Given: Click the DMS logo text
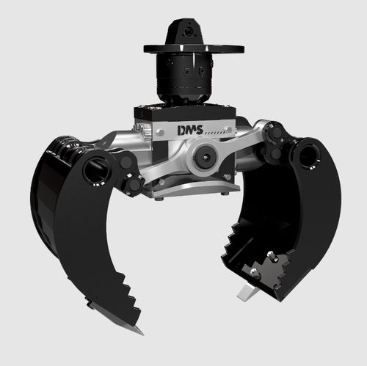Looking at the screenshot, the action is click(190, 130).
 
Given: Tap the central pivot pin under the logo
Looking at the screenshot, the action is click(205, 157).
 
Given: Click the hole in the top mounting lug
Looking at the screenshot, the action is click(189, 32).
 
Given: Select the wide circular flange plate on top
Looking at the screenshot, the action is click(194, 48).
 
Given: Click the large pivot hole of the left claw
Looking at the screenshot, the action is click(97, 169).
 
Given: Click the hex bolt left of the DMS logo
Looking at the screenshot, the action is click(160, 133).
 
